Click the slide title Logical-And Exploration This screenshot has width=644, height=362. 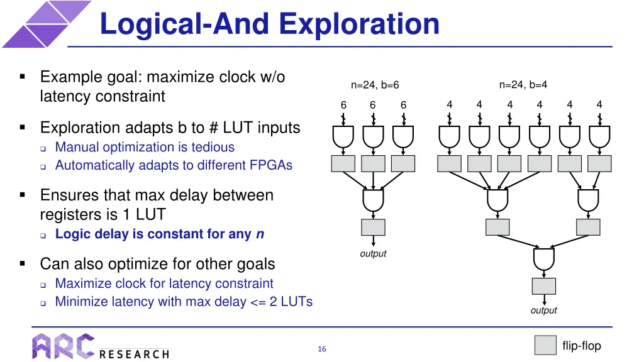269,24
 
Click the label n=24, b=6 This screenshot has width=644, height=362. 375,85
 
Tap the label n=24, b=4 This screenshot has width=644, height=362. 523,85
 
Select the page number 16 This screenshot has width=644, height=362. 322,349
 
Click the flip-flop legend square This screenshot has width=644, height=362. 545,346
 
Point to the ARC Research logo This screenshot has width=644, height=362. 101,346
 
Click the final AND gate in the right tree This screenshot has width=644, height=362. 543,258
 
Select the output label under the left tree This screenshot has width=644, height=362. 373,254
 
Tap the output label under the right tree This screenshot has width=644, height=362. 543,310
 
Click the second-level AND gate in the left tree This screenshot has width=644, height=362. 374,200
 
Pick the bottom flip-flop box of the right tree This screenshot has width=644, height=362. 543,286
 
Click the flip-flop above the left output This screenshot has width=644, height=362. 374,228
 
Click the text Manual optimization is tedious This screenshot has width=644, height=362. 145,147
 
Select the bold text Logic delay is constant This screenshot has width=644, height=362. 153,234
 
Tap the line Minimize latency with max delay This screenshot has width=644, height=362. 184,302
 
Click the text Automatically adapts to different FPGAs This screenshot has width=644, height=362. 174,165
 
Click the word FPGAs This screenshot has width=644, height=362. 273,165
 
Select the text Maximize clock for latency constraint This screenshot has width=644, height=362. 164,283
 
